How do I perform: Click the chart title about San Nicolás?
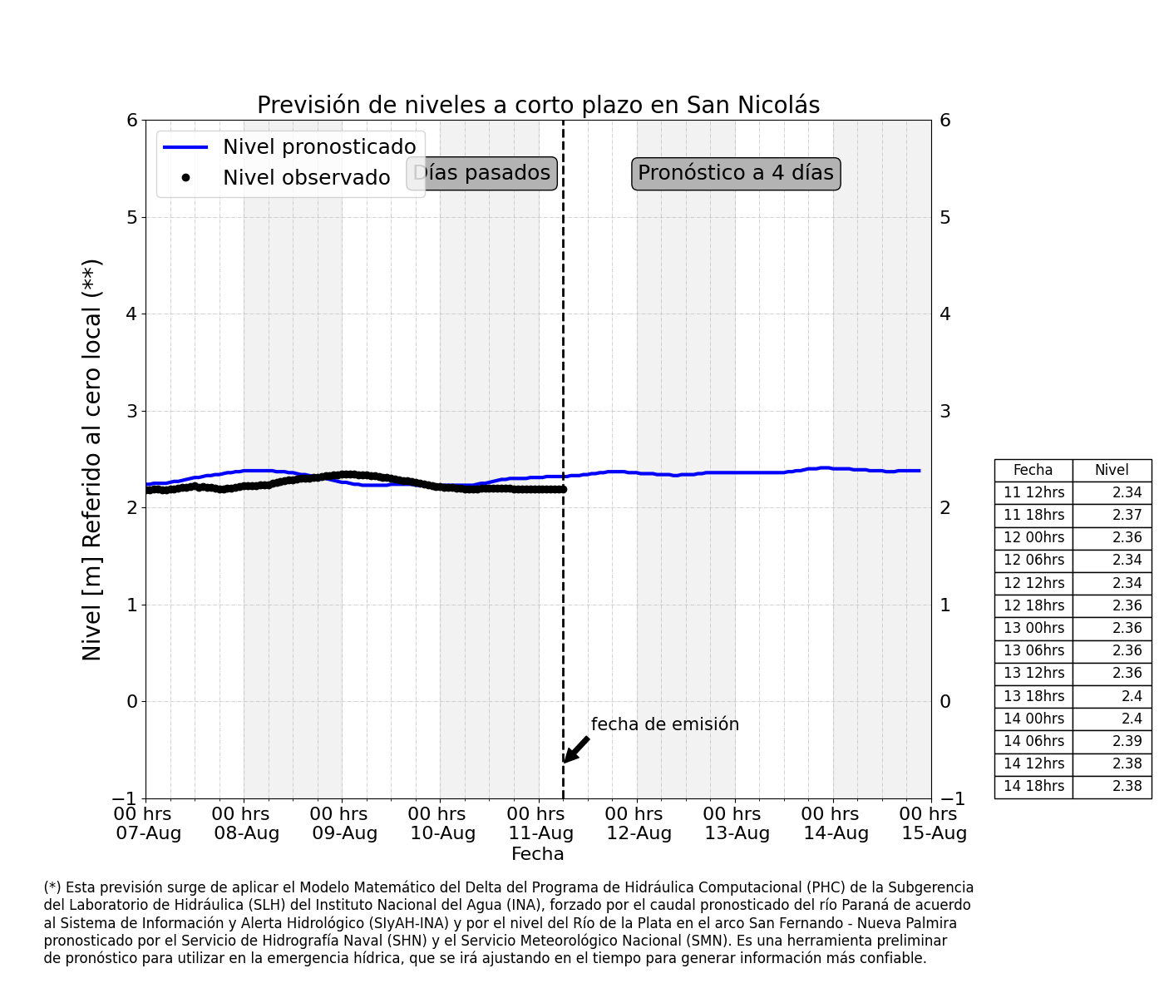click(x=538, y=106)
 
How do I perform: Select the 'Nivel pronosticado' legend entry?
click(x=289, y=146)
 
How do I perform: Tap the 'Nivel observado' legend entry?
click(x=277, y=177)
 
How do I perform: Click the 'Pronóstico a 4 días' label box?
click(x=736, y=174)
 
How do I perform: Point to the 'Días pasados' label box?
click(x=481, y=174)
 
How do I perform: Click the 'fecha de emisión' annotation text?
click(x=664, y=724)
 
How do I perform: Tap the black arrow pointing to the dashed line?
click(x=576, y=749)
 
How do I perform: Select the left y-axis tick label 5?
click(x=131, y=217)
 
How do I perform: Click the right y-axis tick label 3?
click(x=945, y=411)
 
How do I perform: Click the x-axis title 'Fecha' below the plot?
click(x=537, y=854)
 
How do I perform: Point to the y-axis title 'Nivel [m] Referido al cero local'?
click(x=91, y=460)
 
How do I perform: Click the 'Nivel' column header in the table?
click(x=1111, y=470)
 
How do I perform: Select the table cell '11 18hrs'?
click(x=1033, y=515)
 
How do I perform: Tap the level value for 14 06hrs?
click(x=1127, y=741)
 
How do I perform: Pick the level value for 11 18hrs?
click(x=1127, y=515)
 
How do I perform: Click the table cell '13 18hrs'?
click(x=1033, y=696)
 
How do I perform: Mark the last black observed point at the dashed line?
click(x=563, y=489)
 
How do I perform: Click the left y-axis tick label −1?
click(x=125, y=798)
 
